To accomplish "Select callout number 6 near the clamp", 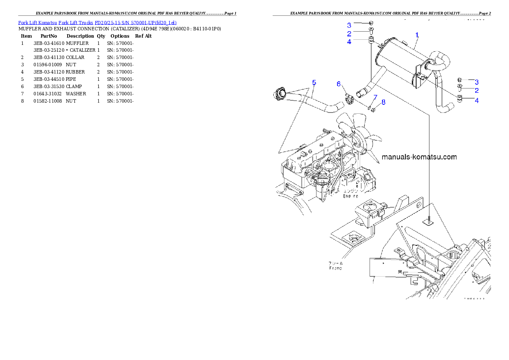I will coord(338,84).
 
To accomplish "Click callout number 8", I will coord(383,102).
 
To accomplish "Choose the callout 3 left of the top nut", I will coord(349,25).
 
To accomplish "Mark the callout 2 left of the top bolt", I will coord(349,33).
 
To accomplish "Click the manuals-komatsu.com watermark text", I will coord(419,157).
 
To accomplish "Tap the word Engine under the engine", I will coord(350,196).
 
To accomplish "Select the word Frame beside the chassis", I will coord(335,268).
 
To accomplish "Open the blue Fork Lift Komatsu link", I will coord(97,22).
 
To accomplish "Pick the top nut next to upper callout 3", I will coord(370,23).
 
